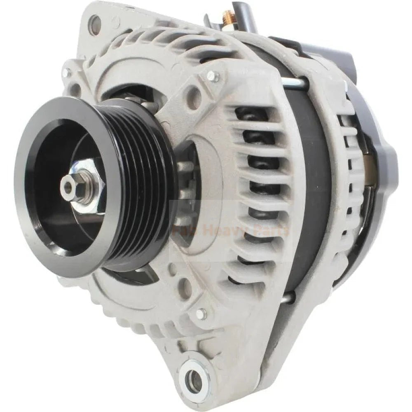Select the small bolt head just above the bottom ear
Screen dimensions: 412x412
pyautogui.click(x=201, y=314)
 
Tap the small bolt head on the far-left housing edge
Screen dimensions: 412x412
pyautogui.click(x=66, y=73)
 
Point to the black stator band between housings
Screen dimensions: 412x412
pyautogui.click(x=313, y=185)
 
